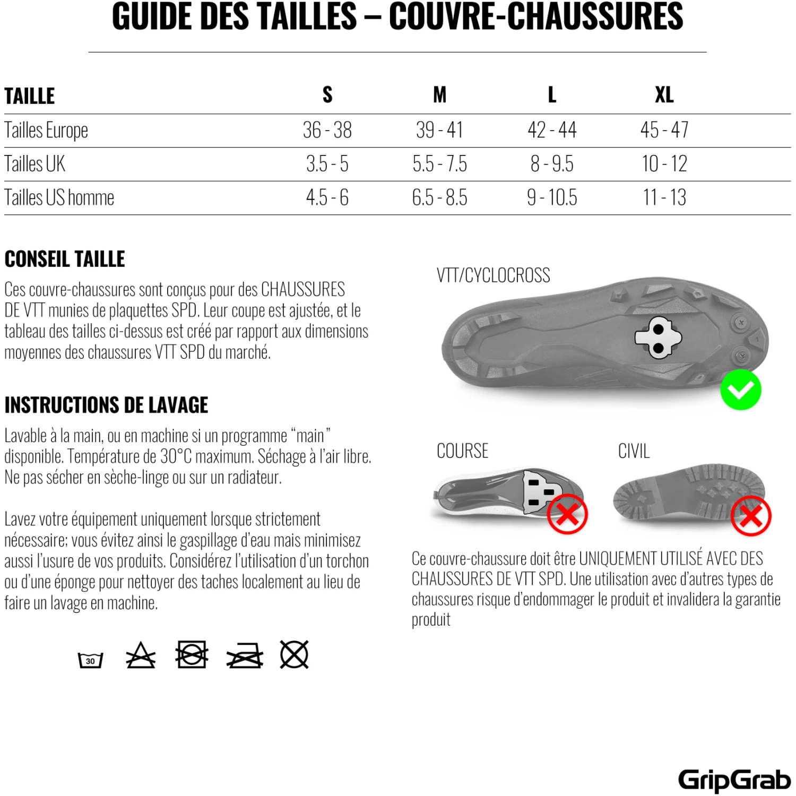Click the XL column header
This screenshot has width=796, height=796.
coord(664,95)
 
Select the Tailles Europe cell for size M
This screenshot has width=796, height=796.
coord(439,130)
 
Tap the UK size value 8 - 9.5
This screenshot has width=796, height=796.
coord(552,164)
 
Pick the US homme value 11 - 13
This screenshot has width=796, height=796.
coord(664,198)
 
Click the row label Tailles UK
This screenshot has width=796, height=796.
coord(35,164)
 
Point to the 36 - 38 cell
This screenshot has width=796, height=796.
coord(327,130)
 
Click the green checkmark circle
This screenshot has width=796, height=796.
coord(740,390)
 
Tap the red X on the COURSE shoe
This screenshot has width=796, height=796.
coord(567,514)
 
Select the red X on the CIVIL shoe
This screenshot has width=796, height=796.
coord(750,516)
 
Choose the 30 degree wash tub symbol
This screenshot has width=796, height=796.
coord(90,660)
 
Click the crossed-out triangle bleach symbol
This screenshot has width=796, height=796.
coord(141,656)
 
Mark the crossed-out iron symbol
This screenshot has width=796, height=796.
coord(245,656)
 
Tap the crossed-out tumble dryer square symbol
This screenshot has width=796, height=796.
coord(192,654)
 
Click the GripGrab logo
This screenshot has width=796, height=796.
coord(734,780)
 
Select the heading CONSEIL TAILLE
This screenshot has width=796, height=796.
coord(65,259)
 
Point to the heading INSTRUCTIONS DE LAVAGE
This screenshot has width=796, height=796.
coord(106,405)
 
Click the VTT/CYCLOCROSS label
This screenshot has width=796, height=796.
coord(493,275)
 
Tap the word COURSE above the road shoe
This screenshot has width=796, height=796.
coord(462,451)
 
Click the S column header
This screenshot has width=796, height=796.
coord(327,95)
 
